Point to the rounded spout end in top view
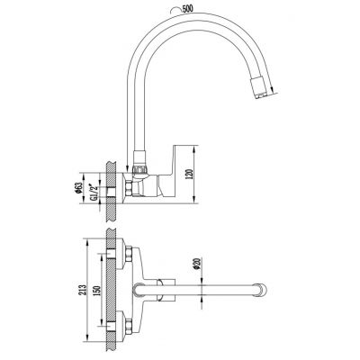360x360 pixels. click(x=263, y=290)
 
